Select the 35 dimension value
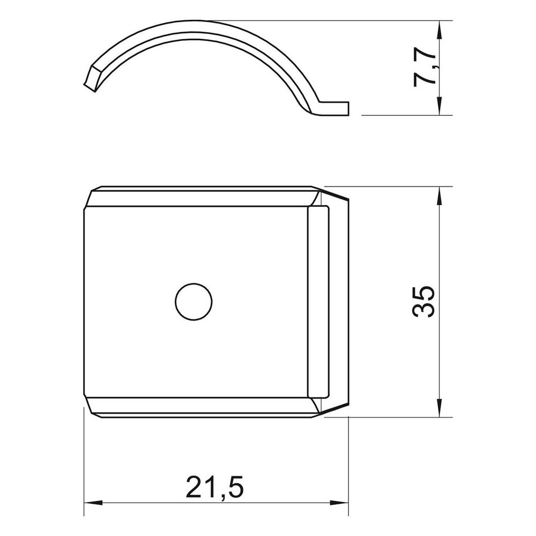[424, 302]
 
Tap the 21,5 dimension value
[215, 486]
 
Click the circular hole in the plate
[193, 302]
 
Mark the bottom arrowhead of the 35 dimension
[439, 407]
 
